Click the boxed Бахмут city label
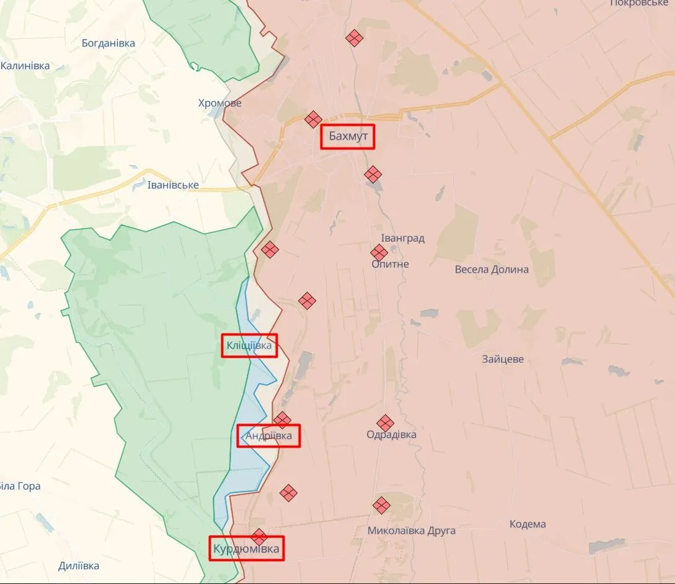pos(348,137)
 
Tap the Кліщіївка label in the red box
pos(249,345)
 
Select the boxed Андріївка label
pos(268,436)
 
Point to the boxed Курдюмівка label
pos(246,549)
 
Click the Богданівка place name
pos(108,43)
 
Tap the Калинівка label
pos(25,66)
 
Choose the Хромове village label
pos(220,103)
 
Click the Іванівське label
pos(174,185)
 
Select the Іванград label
pos(403,238)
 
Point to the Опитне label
pos(390,264)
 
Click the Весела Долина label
pos(492,269)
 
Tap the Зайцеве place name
pos(503,359)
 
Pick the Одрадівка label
pos(391,435)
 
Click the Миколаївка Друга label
pos(411,531)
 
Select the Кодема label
pos(527,524)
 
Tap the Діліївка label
pos(79,565)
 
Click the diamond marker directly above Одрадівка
pos(386,423)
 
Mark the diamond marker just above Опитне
pos(379,252)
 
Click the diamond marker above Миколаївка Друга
pos(381,505)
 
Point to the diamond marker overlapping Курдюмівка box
pos(259,536)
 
